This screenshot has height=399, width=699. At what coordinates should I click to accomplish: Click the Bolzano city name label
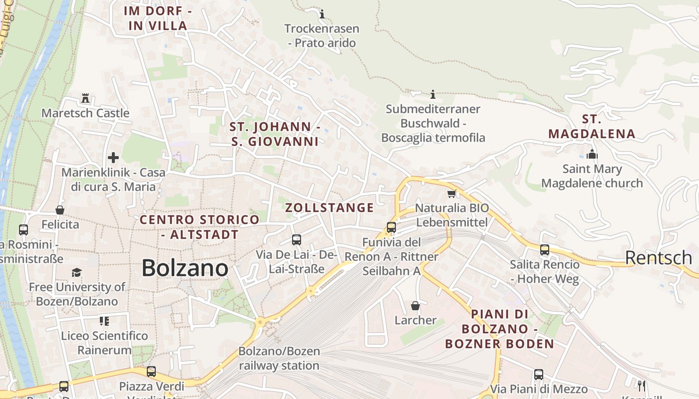(185, 268)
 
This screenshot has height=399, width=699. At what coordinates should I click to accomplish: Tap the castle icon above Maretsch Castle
(85, 98)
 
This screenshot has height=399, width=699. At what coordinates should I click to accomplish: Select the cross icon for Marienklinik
(113, 158)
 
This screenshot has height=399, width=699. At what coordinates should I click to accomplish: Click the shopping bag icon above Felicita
(60, 210)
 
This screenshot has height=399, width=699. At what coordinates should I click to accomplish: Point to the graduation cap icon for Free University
(76, 272)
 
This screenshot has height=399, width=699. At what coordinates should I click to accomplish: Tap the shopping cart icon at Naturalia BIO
(452, 194)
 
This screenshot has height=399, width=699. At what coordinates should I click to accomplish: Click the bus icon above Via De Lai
(297, 240)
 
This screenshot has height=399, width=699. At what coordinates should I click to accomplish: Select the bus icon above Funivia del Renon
(391, 227)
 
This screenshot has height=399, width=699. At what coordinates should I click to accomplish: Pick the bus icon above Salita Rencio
(545, 250)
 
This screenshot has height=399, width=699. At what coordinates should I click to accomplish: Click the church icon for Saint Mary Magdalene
(592, 154)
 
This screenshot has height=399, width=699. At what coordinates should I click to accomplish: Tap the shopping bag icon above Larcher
(415, 306)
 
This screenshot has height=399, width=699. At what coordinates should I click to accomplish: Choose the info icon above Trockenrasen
(322, 14)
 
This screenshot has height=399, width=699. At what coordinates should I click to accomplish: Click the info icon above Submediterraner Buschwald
(433, 94)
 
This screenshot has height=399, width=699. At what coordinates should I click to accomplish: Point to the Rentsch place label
(658, 258)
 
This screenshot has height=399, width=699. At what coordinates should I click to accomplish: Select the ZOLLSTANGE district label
(330, 208)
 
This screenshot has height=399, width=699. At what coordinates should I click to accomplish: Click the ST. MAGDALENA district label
(592, 127)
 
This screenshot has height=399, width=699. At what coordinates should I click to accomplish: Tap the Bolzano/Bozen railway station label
(279, 358)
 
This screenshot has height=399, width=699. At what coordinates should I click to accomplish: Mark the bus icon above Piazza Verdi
(151, 372)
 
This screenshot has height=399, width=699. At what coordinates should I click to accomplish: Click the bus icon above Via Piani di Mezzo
(539, 375)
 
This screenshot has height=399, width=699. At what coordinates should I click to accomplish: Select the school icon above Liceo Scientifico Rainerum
(104, 321)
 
